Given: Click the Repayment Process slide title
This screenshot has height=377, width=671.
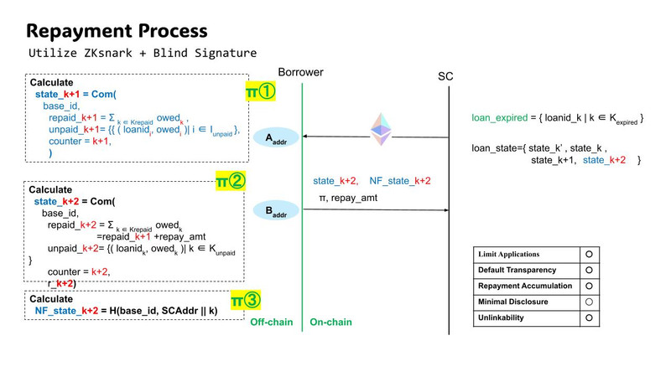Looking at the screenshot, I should pos(117,31).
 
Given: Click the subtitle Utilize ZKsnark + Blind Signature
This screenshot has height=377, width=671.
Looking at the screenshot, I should pos(143,54).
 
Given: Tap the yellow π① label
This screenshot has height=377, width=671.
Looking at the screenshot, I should pos(261,91).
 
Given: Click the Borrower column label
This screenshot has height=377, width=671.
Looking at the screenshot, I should pos(303,73).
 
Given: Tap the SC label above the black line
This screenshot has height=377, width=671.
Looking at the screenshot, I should pos(445,76).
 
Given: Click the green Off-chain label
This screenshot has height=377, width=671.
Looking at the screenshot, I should pos(272,322).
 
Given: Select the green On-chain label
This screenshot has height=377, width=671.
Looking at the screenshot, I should pos(330,322).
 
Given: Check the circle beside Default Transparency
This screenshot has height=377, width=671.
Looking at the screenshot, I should pos(590,270).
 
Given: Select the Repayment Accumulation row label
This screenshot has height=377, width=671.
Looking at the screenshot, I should pos(524,286).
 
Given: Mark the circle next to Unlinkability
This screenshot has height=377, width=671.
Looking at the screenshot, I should pos(590,318).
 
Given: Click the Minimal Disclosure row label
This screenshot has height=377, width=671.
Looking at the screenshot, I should pos(514,302).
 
